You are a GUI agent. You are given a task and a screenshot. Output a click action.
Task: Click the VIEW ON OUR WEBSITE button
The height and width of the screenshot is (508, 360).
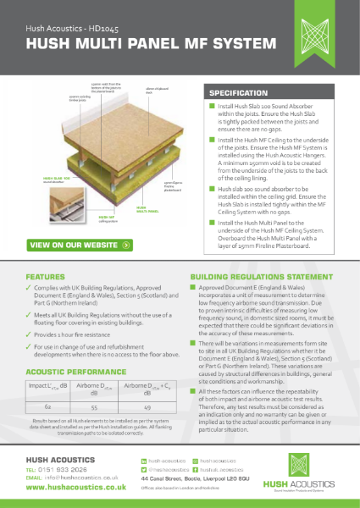[x=80, y=245]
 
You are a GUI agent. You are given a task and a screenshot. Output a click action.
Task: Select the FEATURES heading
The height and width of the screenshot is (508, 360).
[x=46, y=277]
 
